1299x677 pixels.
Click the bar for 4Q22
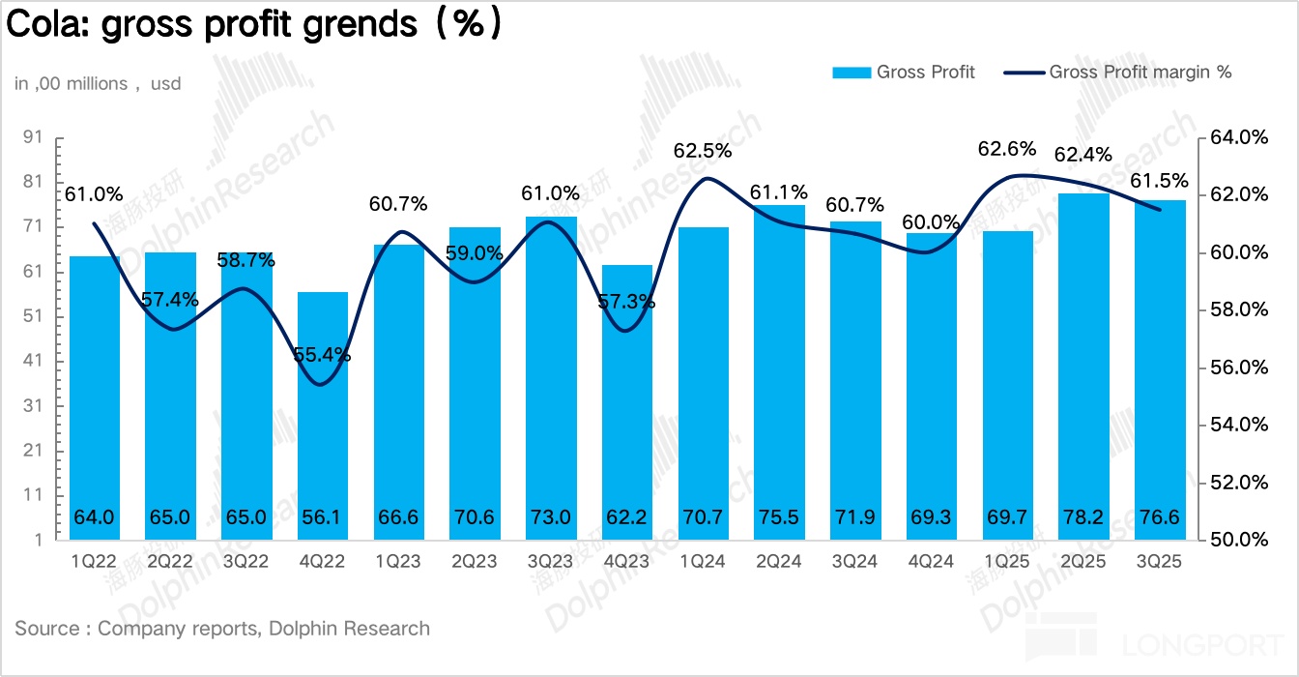pos(323,416)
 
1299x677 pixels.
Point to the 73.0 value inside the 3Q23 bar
pos(550,517)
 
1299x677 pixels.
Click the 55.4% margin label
pos(322,355)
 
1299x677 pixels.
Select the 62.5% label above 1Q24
pos(703,151)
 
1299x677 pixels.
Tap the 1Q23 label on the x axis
pos(398,560)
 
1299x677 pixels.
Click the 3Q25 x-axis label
pos(1159,560)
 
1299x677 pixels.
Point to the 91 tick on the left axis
pos(33,138)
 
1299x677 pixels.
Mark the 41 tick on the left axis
pos(33,362)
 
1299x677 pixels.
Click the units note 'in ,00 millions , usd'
pos(98,84)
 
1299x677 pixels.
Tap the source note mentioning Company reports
pos(222,629)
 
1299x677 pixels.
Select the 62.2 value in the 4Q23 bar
pos(626,517)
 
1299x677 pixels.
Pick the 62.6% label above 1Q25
pos(1006,150)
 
